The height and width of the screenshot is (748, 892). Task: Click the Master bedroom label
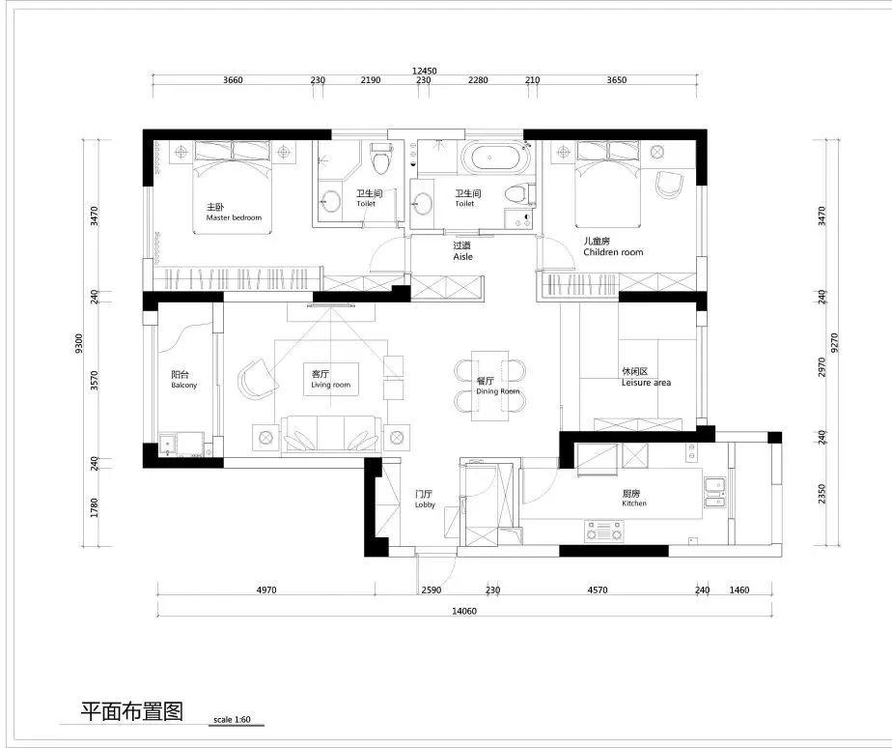coord(234,217)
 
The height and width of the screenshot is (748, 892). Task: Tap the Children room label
coord(613,252)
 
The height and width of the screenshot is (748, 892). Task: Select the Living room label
coord(330,385)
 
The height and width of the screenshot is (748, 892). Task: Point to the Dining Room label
coord(498,391)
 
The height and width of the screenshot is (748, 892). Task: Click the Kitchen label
coord(634,503)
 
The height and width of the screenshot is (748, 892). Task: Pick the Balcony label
coord(183,385)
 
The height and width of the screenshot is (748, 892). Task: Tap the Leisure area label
coord(646,383)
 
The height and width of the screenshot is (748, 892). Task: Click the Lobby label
coord(425,504)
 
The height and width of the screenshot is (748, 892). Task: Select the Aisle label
coord(463,257)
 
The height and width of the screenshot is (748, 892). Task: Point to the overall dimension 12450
coord(425,72)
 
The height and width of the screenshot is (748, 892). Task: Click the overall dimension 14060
coord(464,612)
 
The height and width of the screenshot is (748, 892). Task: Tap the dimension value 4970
coord(266,590)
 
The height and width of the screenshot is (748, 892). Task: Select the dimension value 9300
coord(79,343)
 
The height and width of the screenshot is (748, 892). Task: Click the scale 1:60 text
coord(232,720)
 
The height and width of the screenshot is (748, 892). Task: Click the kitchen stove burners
coord(604,531)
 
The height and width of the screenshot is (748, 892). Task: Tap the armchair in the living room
coord(258,379)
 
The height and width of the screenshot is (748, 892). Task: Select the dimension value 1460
coord(739,590)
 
